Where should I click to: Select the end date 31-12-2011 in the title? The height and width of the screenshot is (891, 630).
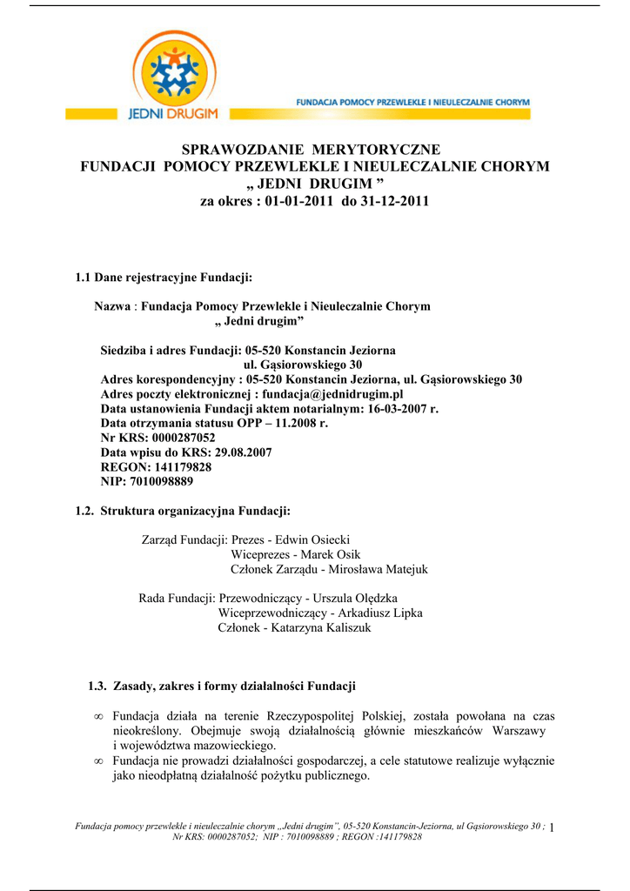397,201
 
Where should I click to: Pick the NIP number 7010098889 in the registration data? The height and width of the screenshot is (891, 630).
161,481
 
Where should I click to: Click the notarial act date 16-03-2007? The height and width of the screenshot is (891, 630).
392,408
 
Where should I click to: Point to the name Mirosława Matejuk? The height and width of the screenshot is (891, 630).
378,570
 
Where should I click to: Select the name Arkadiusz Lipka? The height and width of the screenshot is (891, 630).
380,613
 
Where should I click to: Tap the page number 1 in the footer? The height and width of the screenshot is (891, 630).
553,827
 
